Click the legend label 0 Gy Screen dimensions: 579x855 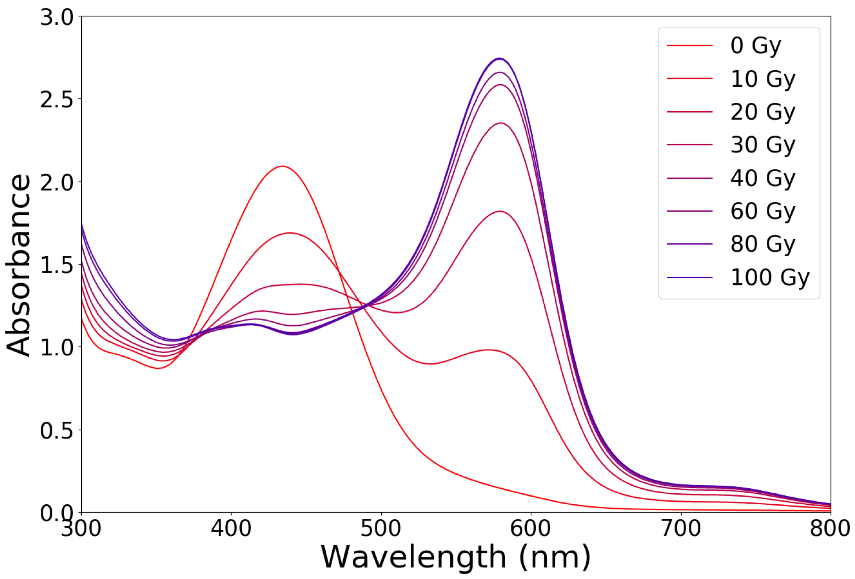[755, 46]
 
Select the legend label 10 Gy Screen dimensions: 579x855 [763, 79]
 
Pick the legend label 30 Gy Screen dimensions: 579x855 [763, 145]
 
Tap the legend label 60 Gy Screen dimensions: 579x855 [763, 211]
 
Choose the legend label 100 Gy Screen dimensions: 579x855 [770, 277]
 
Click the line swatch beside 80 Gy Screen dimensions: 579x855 [689, 244]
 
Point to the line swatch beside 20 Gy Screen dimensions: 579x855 [689, 112]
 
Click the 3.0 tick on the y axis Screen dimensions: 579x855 [57, 17]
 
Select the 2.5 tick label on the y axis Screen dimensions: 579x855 [57, 99]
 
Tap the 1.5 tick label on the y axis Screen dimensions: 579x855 [57, 265]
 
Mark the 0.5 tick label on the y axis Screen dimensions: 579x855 [57, 430]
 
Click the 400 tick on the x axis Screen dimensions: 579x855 [231, 528]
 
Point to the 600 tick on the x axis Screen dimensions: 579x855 [531, 528]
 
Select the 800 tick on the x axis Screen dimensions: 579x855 [830, 528]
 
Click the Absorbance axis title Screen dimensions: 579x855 [18, 265]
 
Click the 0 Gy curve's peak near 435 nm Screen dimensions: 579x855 [282, 166]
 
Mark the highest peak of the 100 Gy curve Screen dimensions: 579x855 [499, 59]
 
